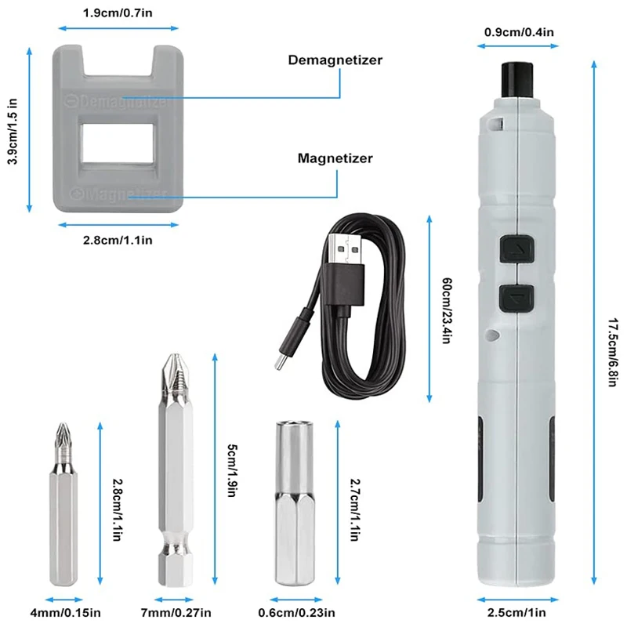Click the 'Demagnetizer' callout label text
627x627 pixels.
335,60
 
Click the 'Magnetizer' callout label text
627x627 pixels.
335,158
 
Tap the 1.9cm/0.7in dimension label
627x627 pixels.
118,13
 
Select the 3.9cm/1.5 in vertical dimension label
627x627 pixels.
13,131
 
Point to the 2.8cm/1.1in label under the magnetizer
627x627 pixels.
118,240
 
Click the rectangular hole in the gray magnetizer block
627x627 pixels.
118,143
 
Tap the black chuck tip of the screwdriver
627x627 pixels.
517,80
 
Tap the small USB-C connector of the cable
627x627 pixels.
283,358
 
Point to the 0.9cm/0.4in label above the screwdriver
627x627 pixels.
519,32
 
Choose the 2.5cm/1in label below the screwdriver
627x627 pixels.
516,612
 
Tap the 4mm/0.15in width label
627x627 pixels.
66,612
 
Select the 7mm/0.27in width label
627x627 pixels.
176,612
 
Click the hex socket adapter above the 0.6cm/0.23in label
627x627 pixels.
295,503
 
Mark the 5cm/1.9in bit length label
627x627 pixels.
232,470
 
